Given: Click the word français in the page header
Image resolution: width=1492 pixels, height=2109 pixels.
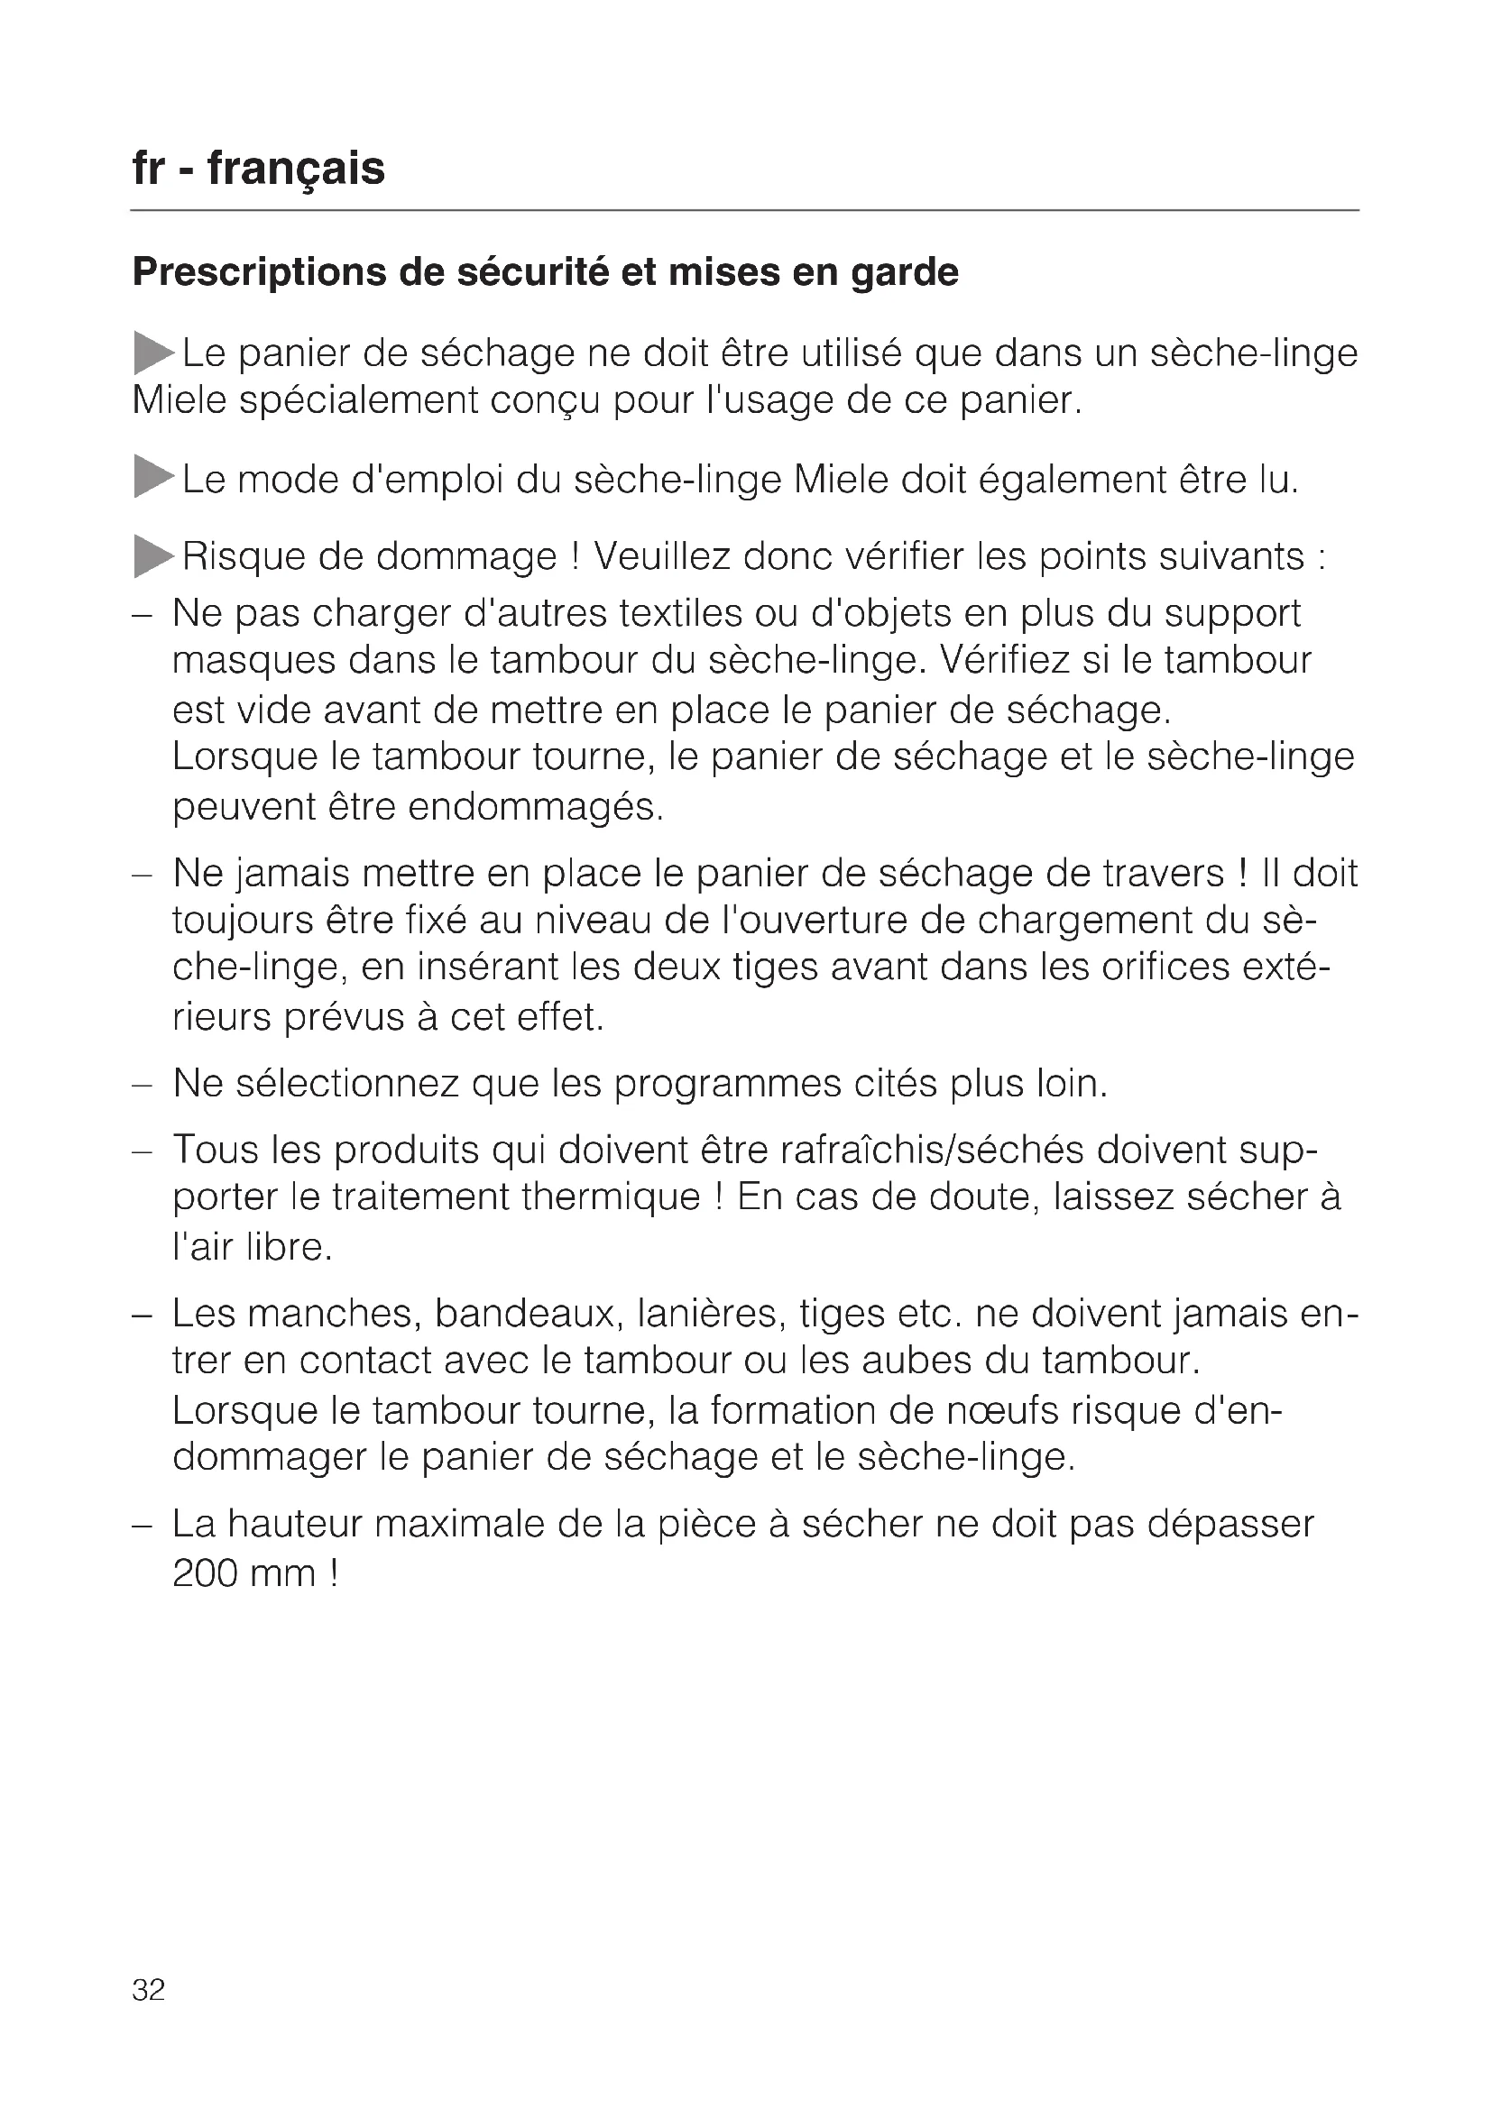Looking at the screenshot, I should point(296,169).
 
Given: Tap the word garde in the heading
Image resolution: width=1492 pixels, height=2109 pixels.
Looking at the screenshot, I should point(905,273).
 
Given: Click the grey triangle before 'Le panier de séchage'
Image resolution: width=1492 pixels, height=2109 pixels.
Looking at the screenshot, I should point(152,353).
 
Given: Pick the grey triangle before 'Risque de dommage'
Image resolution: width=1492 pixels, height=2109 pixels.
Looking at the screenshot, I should point(152,555).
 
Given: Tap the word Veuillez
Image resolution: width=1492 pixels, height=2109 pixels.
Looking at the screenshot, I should point(661,555).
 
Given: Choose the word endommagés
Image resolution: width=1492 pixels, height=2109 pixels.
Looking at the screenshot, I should point(535,806).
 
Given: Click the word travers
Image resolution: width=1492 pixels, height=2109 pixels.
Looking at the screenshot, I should point(1164,873).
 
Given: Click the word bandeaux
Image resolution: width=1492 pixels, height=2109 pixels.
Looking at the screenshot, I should point(524,1314).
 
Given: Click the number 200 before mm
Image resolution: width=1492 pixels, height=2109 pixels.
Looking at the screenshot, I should point(205,1573).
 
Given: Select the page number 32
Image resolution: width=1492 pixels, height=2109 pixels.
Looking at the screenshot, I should point(149,1989).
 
